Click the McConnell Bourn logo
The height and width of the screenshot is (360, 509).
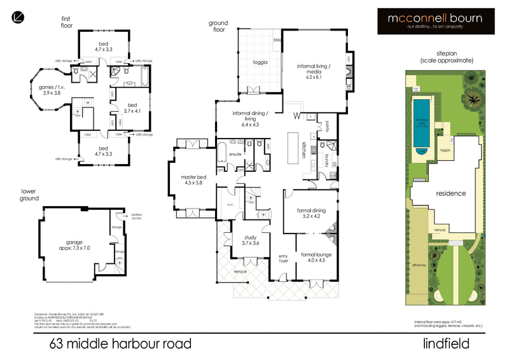435,22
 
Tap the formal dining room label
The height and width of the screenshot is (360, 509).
312,212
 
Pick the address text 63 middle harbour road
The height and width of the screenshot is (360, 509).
120,344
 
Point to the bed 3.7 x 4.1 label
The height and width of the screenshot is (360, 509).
132,108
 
